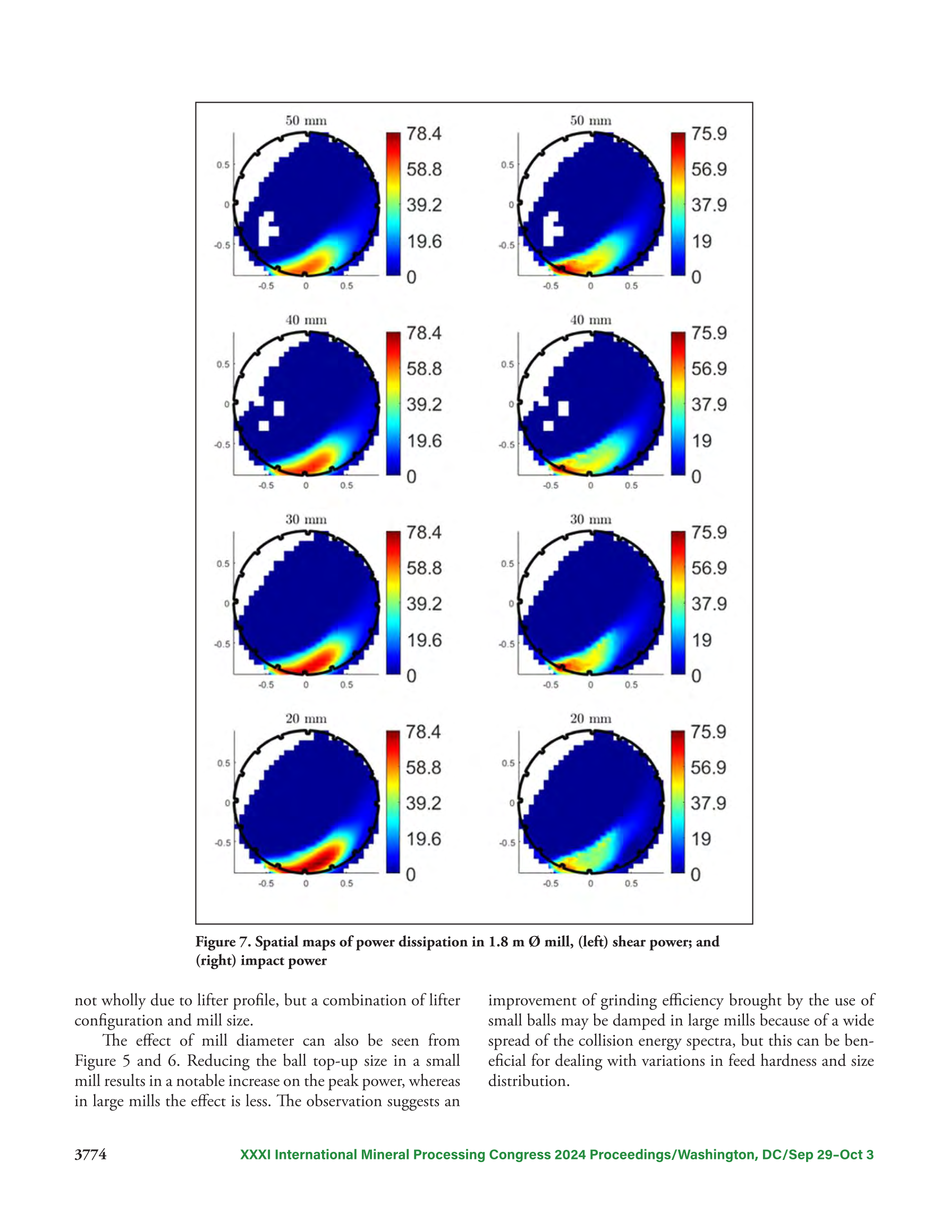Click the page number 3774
click(90, 1155)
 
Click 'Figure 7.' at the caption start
click(223, 942)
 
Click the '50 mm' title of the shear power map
click(306, 120)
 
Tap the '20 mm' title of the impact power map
click(590, 719)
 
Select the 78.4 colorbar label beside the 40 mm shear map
click(424, 333)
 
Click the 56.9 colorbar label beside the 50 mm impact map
click(709, 169)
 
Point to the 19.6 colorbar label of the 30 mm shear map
click(424, 640)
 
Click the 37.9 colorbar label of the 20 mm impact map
click(708, 803)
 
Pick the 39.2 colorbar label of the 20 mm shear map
click(423, 803)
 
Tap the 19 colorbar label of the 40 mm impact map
click(701, 441)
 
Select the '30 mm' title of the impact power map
click(590, 519)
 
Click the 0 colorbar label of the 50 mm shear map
click(411, 277)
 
